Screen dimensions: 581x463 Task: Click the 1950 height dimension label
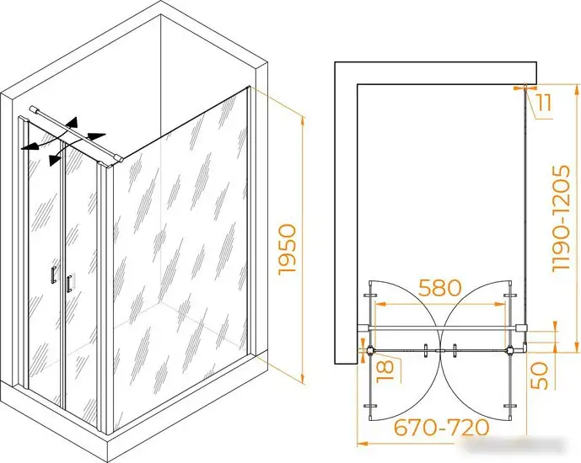tap(288, 249)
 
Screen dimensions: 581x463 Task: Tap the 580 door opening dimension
tap(440, 287)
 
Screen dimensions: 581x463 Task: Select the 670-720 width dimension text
tap(441, 428)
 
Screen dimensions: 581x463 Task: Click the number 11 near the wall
tap(544, 103)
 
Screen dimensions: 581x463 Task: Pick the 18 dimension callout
tap(385, 371)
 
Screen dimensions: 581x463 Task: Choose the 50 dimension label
tap(539, 375)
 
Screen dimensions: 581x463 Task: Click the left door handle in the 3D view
tap(54, 274)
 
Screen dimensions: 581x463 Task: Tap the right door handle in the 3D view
tap(69, 284)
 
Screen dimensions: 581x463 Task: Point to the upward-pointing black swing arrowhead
tap(73, 123)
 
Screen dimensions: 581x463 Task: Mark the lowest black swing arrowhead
tap(55, 159)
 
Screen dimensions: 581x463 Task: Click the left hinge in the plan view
tap(370, 350)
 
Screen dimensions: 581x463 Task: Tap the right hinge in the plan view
tap(510, 349)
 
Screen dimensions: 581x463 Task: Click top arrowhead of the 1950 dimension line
tap(303, 121)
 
